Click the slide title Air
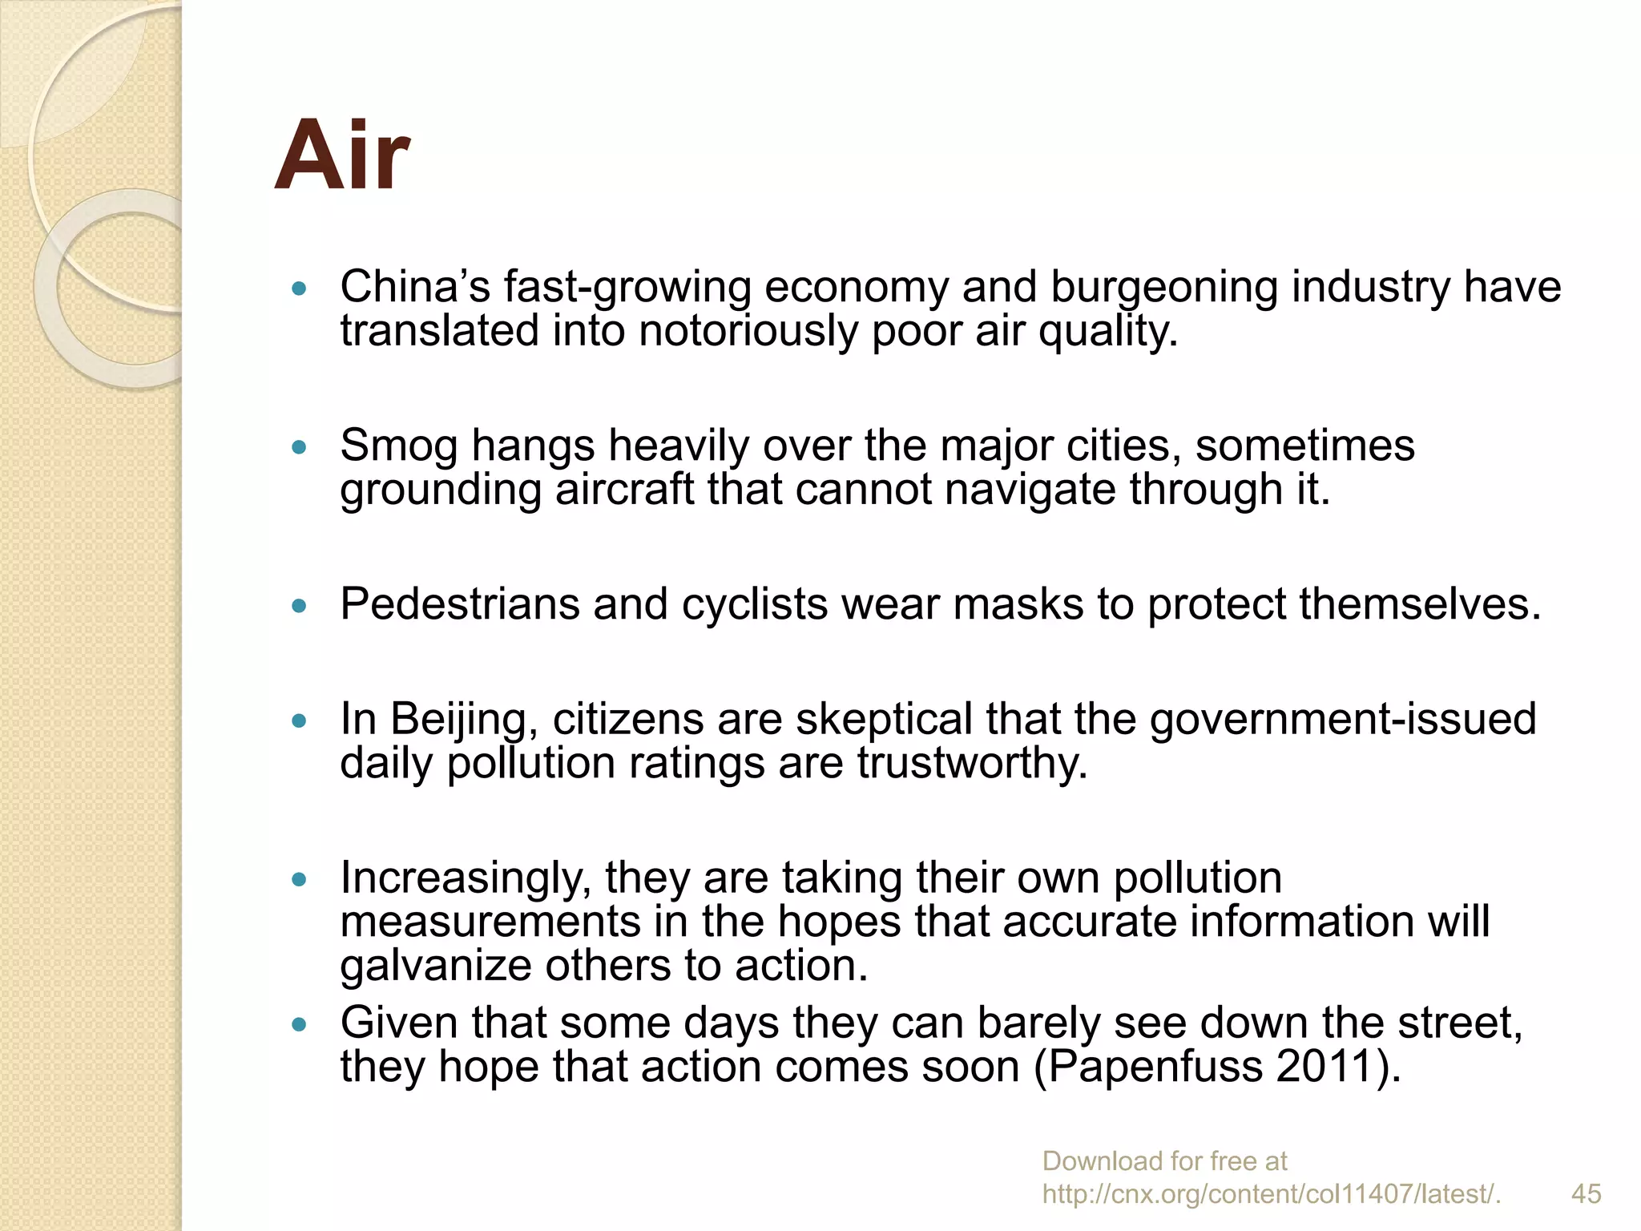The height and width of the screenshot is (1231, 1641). (342, 156)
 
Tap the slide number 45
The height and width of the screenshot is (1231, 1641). (1586, 1193)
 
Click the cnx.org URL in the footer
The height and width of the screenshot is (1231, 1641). (1272, 1194)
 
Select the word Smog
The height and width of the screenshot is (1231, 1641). (398, 446)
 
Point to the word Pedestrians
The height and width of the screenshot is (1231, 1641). (459, 603)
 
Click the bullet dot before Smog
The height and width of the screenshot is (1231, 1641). (300, 447)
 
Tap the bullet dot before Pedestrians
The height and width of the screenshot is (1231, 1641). (300, 606)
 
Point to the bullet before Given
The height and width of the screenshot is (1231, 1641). (300, 1024)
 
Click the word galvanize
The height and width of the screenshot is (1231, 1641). (436, 967)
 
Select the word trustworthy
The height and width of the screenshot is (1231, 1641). (972, 763)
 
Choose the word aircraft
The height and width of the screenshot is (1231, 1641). (624, 490)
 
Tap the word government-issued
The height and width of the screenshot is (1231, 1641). (1343, 719)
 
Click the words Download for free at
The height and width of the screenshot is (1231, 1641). (1164, 1160)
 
